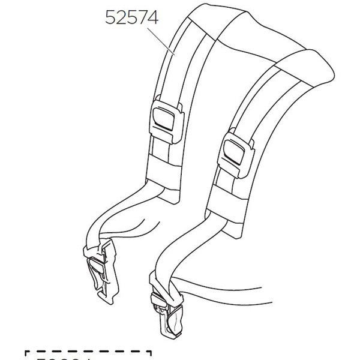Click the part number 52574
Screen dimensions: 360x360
click(x=131, y=18)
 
